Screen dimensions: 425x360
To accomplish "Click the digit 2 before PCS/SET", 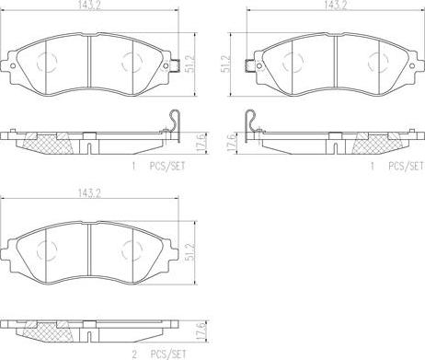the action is [x=134, y=354].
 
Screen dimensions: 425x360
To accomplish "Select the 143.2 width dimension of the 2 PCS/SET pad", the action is [x=89, y=193].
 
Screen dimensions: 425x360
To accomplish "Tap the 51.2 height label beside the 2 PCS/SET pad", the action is [x=190, y=252].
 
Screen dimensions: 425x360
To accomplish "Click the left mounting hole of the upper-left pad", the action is [x=13, y=66].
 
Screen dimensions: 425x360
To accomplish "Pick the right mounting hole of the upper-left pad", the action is [x=166, y=66].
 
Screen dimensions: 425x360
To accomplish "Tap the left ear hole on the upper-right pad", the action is [x=259, y=66].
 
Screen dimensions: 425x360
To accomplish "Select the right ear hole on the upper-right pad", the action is [x=412, y=66].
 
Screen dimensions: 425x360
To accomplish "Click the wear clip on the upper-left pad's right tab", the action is [x=175, y=65].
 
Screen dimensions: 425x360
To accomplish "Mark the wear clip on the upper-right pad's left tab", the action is [x=250, y=65].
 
